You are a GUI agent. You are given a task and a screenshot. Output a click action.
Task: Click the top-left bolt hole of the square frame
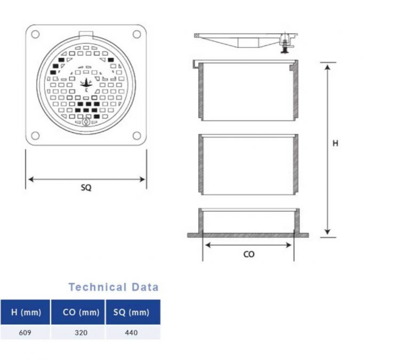(35, 35)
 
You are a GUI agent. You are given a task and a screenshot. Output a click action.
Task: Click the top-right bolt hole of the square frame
(137, 35)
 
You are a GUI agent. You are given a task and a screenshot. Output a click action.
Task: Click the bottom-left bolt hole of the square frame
(35, 135)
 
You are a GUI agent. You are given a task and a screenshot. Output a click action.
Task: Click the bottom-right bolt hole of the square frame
(137, 135)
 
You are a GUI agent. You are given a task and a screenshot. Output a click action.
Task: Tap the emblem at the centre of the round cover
(86, 84)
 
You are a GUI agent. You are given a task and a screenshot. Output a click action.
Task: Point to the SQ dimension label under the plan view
(86, 188)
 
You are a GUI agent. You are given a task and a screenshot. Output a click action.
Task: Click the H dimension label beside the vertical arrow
(335, 143)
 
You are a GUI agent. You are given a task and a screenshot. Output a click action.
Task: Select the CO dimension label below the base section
(249, 254)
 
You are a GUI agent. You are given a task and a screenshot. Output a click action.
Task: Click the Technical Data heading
(113, 287)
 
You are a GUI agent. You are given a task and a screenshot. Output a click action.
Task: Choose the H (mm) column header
(26, 313)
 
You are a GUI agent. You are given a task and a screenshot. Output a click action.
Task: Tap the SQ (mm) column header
(131, 313)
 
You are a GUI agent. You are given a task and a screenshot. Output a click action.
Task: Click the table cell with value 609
(26, 333)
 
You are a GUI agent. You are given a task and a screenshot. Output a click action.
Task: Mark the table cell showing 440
(131, 333)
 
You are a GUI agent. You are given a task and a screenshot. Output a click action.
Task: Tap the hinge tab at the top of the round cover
(86, 35)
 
